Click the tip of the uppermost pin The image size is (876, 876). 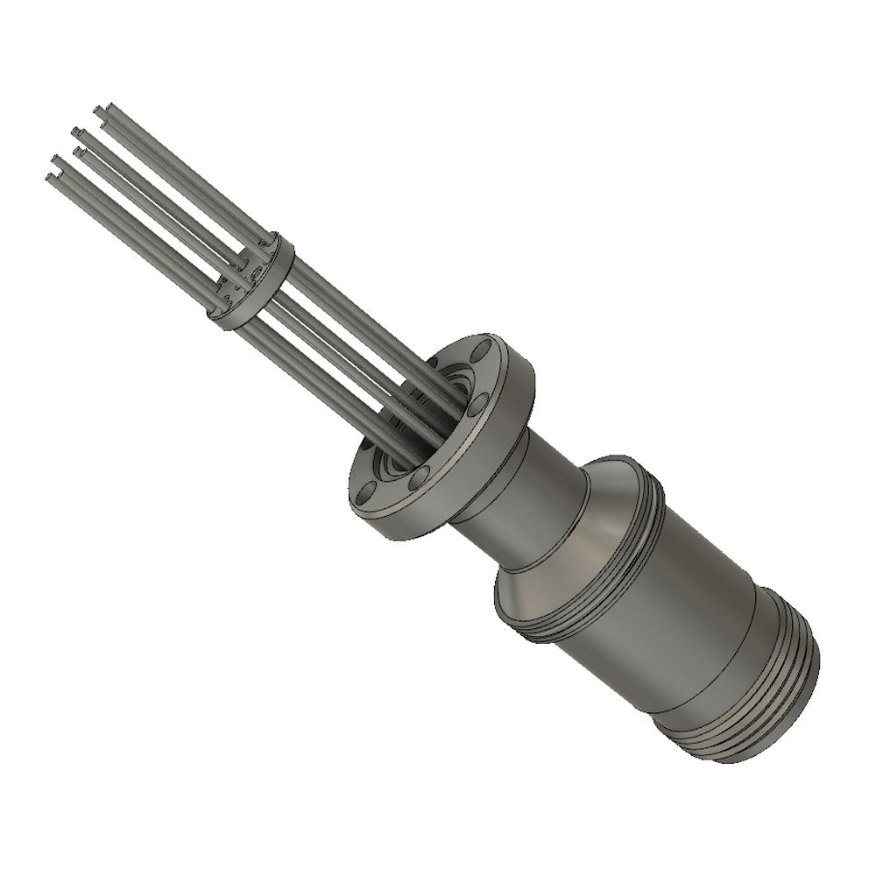coord(98,110)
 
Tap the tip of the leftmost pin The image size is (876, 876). coord(48,177)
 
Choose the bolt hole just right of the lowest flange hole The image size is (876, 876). coord(420,477)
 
